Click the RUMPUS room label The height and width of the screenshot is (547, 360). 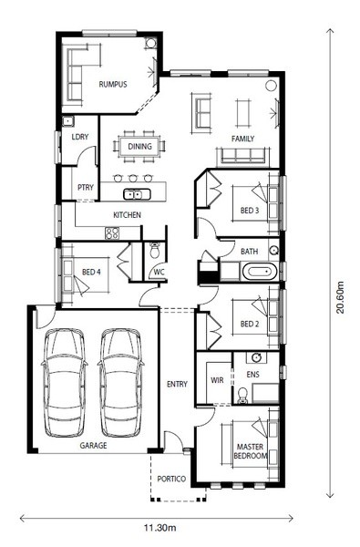[113, 85]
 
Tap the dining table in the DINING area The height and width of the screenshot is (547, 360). [139, 146]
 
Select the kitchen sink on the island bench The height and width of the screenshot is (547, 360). [137, 194]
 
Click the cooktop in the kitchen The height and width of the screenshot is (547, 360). [112, 233]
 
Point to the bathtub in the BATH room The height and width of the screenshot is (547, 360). [259, 272]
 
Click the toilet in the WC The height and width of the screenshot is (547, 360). [155, 250]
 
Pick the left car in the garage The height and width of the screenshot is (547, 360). [64, 382]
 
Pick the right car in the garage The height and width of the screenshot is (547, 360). [120, 382]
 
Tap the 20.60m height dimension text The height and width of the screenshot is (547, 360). [339, 297]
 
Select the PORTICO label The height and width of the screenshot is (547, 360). [171, 479]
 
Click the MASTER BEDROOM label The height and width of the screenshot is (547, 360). [250, 451]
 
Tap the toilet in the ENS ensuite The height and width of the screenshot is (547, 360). [242, 396]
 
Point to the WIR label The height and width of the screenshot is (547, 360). [217, 380]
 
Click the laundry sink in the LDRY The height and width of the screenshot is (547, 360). [67, 121]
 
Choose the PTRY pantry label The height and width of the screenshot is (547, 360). [86, 187]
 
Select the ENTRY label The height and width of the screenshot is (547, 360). [177, 384]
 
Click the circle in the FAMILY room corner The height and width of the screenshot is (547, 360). [271, 86]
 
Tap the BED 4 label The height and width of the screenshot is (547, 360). [91, 272]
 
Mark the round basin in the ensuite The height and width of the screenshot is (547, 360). [257, 357]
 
